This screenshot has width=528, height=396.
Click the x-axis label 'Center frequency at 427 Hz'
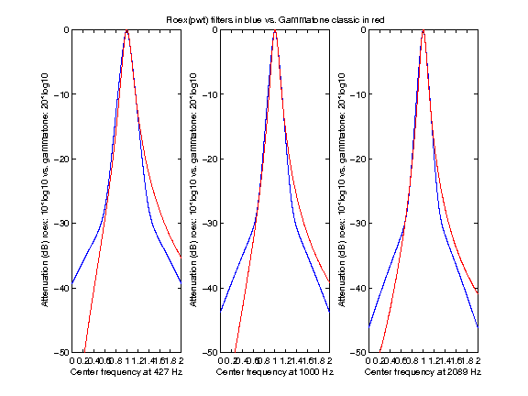126,373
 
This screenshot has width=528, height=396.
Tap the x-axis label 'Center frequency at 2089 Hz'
423,373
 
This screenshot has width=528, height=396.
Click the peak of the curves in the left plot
126,31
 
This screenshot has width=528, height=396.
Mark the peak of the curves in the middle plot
275,31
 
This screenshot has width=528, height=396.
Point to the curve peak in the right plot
423,31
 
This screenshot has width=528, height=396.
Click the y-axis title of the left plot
45,191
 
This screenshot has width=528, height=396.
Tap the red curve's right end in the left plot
181,256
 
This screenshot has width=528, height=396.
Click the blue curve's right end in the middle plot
329,312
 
